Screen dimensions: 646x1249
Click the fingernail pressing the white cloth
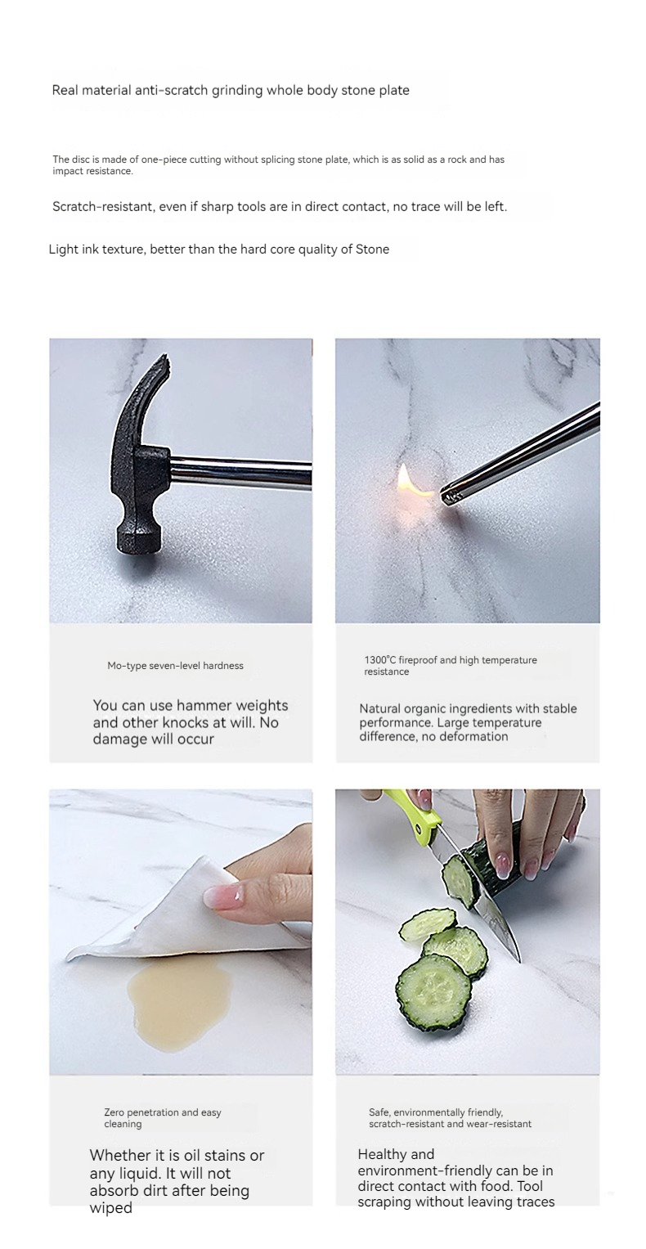220,894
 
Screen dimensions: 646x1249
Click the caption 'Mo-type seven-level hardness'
176,666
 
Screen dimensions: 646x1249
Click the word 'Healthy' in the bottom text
381,1154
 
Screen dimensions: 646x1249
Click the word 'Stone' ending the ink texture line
372,249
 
